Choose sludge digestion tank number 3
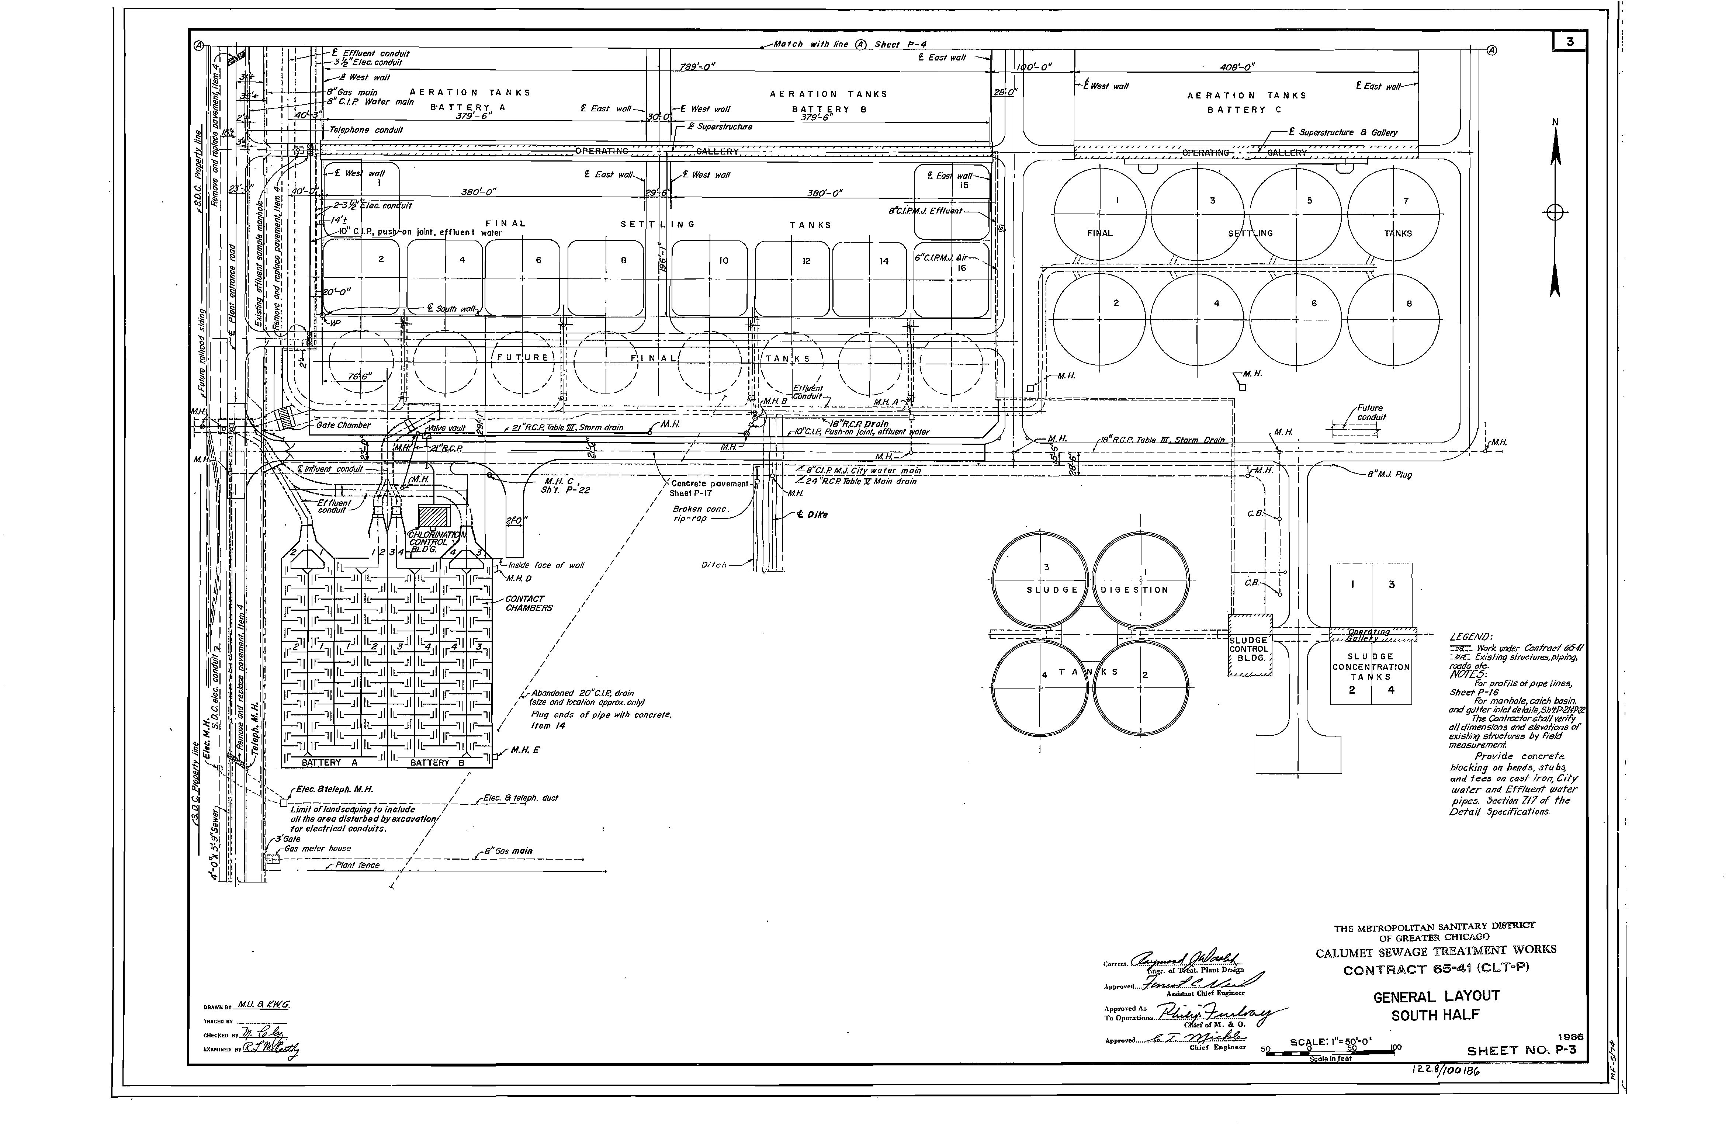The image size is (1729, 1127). (x=1041, y=579)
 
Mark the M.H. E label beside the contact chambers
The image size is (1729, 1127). (x=524, y=750)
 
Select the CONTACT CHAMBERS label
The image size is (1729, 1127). (x=528, y=604)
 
